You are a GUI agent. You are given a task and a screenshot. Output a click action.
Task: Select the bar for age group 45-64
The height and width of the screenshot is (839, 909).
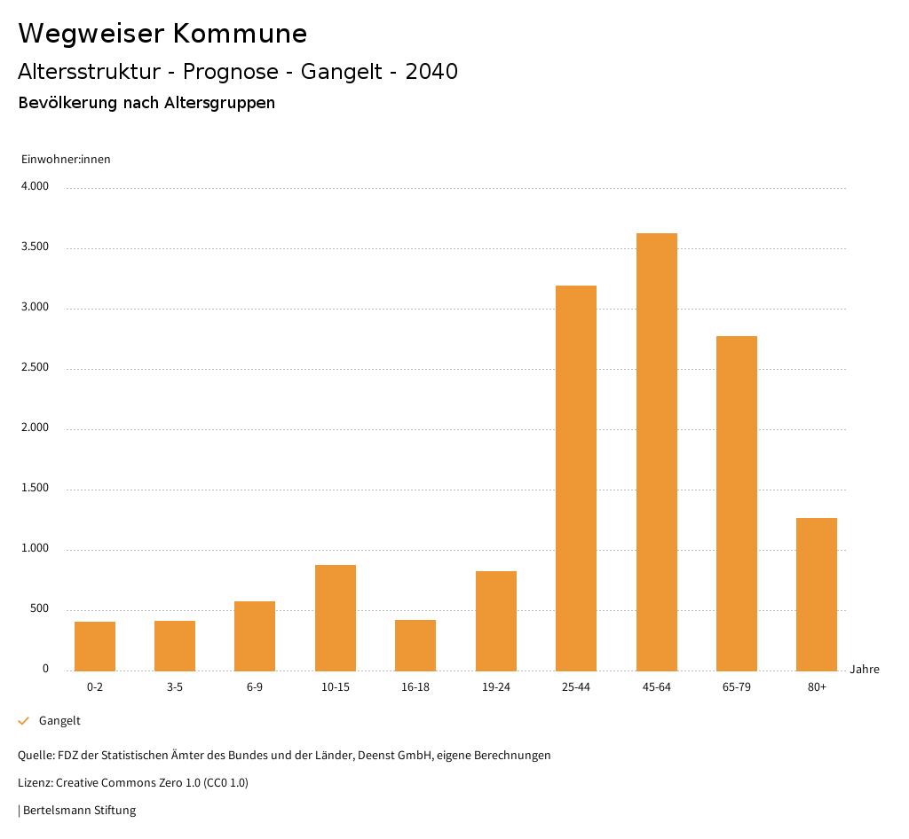click(656, 451)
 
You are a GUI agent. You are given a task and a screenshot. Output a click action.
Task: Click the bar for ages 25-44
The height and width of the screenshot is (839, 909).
click(576, 478)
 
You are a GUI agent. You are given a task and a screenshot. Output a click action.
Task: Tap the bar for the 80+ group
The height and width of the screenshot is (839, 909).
click(817, 594)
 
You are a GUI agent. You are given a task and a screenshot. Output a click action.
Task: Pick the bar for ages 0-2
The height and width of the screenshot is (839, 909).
click(95, 647)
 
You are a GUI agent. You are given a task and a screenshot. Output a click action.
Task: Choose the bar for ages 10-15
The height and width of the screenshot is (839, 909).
click(336, 618)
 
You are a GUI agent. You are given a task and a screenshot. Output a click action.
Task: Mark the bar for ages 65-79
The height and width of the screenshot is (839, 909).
click(737, 503)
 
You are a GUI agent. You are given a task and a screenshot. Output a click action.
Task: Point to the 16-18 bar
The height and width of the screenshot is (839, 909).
click(415, 646)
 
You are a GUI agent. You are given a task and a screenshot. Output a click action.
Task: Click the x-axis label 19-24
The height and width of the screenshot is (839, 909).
click(496, 687)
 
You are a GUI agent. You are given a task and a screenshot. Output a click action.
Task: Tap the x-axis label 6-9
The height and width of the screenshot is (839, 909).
click(255, 687)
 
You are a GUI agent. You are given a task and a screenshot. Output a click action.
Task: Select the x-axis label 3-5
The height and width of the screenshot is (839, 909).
click(175, 687)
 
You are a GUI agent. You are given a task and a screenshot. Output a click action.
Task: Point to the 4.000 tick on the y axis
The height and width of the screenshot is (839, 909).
click(35, 187)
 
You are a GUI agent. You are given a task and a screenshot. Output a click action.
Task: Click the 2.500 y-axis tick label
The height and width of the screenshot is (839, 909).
click(35, 368)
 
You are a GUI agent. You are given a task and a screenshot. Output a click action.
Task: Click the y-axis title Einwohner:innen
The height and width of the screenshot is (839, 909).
click(66, 160)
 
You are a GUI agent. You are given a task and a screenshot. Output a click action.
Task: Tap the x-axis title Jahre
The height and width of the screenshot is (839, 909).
click(865, 670)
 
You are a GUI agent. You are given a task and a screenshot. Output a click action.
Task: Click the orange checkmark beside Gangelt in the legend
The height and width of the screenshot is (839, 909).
click(24, 721)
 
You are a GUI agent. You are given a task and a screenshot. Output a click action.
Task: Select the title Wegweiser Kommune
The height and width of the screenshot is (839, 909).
click(162, 34)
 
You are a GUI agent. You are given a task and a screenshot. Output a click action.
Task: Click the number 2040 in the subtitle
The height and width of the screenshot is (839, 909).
click(431, 72)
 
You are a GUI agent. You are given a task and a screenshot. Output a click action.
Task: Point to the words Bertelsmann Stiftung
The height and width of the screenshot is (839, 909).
click(79, 810)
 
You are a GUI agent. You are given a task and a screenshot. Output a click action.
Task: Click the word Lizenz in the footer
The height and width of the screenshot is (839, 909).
click(35, 783)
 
